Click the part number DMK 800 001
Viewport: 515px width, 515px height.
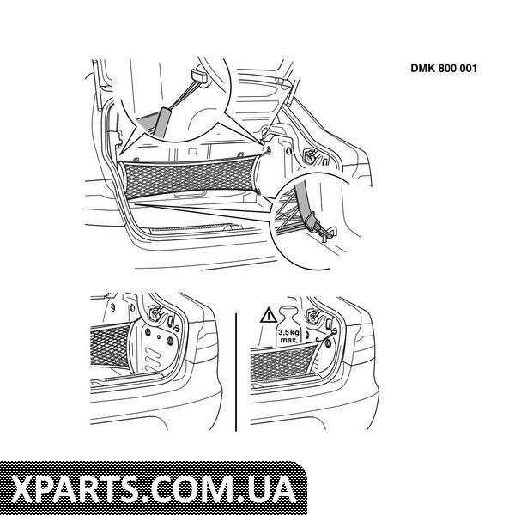click(444, 68)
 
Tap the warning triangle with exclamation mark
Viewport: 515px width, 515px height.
click(269, 315)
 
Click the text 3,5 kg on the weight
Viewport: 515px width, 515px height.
click(288, 332)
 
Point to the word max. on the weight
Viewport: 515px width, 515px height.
click(288, 340)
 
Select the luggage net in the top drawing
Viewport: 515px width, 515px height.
click(189, 178)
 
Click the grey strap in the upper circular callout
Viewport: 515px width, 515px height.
click(163, 121)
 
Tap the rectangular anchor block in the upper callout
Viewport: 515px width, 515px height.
click(198, 76)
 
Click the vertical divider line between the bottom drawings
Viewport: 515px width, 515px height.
click(236, 372)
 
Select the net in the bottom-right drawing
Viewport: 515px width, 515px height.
click(282, 362)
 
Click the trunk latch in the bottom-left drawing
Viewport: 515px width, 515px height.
click(154, 312)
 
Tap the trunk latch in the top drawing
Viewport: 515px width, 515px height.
click(310, 154)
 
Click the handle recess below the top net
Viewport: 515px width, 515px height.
click(188, 196)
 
